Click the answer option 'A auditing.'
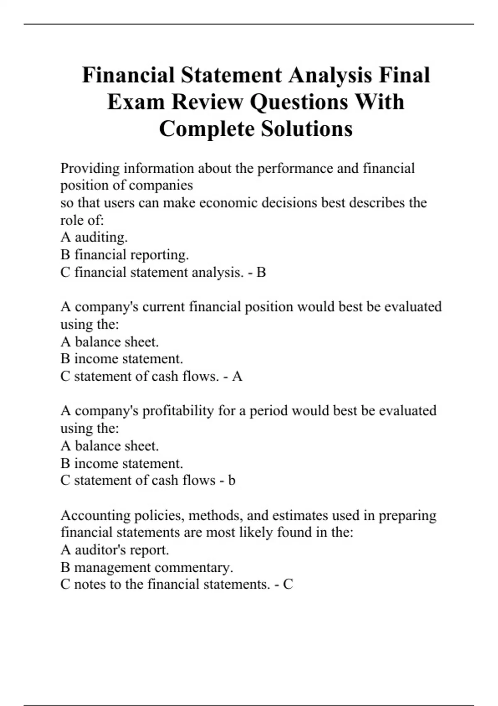click(x=94, y=237)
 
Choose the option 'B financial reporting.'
click(x=124, y=255)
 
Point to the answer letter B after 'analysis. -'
click(x=261, y=272)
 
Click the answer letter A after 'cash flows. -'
click(x=237, y=376)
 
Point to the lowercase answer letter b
click(x=232, y=480)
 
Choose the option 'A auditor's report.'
click(x=115, y=550)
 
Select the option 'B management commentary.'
click(x=146, y=567)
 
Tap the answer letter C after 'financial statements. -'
click(x=288, y=584)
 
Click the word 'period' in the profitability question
click(x=269, y=411)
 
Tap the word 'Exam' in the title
click(x=136, y=102)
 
